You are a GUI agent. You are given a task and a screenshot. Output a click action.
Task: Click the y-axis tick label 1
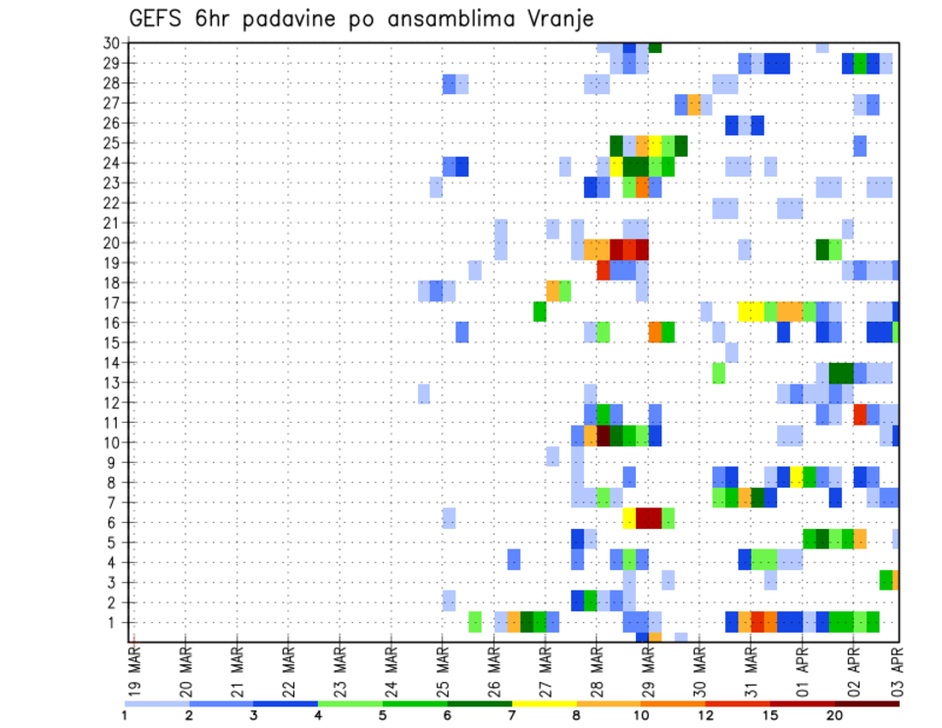115,622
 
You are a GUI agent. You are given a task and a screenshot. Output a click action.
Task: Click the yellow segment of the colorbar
544,703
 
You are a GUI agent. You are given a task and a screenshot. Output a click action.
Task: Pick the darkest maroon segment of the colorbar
866,703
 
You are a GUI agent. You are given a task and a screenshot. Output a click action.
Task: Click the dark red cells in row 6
649,517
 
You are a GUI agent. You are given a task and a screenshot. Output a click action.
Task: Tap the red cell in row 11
861,413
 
